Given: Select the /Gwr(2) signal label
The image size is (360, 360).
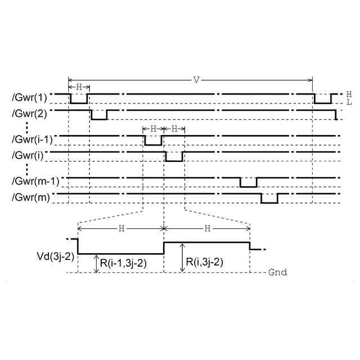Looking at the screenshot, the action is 28,112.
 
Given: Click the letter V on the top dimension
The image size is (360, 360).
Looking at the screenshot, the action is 196,79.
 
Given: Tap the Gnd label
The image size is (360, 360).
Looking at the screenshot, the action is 277,272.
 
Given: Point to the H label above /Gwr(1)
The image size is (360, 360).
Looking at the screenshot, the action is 79,87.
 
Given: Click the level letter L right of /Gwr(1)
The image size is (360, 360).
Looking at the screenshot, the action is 349,102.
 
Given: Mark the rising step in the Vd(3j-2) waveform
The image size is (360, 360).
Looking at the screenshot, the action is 164,247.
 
